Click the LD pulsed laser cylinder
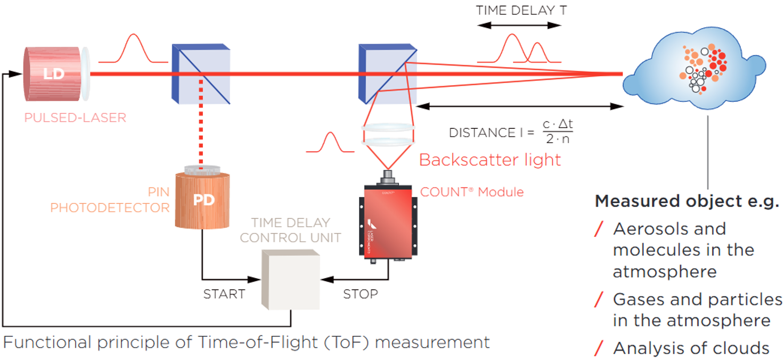coord(53,73)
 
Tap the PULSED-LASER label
coord(75,118)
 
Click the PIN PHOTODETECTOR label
coord(110,200)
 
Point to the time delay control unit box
coord(291,279)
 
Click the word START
coord(224,294)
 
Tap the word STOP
coord(360,294)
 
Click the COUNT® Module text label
coord(472,192)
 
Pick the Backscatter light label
coord(490,160)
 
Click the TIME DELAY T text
coord(521,10)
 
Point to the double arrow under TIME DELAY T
coord(519,25)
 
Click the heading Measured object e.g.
coord(687,201)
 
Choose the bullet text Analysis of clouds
coord(691,348)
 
